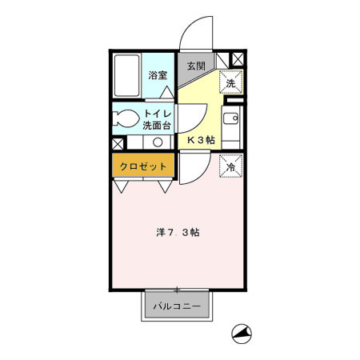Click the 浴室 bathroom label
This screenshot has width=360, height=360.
(158, 76)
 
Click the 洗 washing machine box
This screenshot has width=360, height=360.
(230, 82)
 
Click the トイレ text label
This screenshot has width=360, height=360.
(158, 114)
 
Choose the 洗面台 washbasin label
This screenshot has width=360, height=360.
(158, 126)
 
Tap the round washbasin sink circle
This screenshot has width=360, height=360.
(158, 142)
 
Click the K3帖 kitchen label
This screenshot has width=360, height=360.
(200, 139)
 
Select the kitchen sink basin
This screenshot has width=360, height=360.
(230, 122)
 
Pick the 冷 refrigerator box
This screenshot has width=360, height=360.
(230, 167)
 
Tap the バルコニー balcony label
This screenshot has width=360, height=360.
(177, 306)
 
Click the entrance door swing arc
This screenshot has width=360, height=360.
(194, 32)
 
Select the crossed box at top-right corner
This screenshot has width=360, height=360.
(237, 59)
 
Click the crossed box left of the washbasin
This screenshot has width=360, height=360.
(118, 143)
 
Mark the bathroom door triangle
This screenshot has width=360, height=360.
(165, 92)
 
